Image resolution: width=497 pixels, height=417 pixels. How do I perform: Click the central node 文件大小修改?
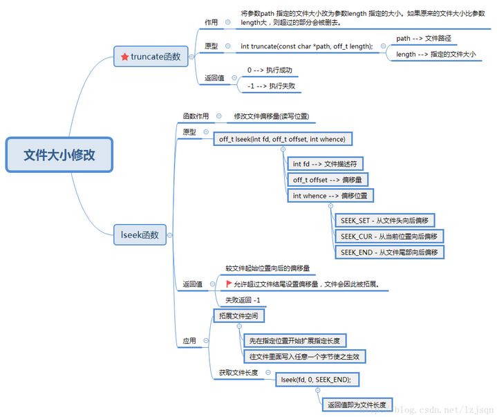[x=59, y=154]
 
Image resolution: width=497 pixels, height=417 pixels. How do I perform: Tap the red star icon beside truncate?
[x=124, y=57]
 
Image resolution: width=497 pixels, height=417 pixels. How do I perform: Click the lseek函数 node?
[x=140, y=235]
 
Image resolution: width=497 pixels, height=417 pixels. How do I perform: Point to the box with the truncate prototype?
[x=306, y=46]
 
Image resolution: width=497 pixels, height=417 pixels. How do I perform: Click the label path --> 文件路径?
[x=423, y=38]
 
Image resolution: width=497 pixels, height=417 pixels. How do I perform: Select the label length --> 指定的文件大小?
[x=435, y=54]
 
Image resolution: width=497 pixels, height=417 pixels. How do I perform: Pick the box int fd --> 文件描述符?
[x=323, y=163]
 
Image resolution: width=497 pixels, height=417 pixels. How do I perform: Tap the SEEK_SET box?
[x=386, y=221]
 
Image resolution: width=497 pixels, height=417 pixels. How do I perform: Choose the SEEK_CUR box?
[x=388, y=237]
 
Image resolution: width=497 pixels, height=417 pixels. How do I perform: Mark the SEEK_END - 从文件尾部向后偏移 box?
[x=388, y=252]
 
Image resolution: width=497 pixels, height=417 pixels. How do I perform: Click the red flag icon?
[x=229, y=284]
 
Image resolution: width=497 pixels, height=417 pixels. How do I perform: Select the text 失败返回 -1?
[x=243, y=300]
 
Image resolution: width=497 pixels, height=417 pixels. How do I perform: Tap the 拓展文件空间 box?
[x=237, y=316]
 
